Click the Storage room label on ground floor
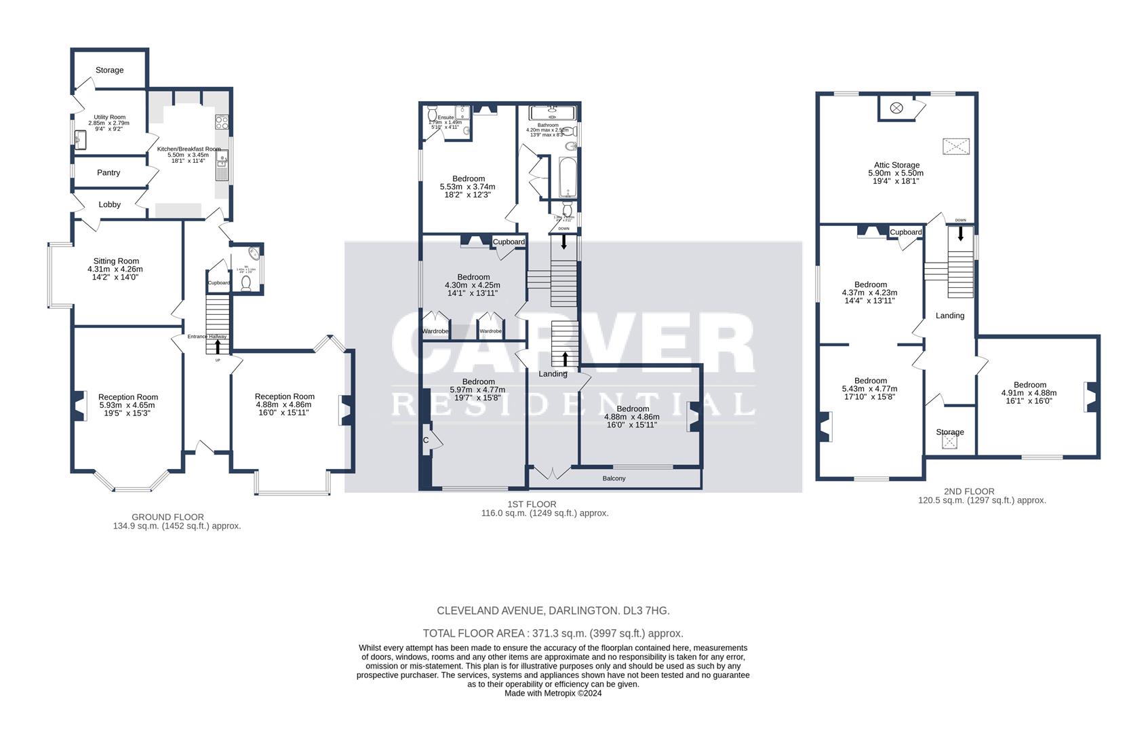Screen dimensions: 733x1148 click(109, 70)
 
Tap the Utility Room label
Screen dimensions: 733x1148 click(109, 117)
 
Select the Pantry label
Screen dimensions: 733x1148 click(108, 173)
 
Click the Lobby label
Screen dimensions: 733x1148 click(109, 204)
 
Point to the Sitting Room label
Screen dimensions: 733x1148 click(116, 261)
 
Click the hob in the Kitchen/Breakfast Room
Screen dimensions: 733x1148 click(222, 123)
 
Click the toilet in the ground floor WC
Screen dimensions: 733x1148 click(246, 283)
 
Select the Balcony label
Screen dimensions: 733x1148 click(614, 478)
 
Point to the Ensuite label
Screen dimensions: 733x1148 click(446, 117)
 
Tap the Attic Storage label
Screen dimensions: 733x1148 click(896, 165)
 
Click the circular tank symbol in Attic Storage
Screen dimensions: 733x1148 click(896, 108)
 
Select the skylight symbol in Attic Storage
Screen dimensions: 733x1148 click(955, 147)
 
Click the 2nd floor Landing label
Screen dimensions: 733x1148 click(949, 316)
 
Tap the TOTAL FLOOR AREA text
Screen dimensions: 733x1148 click(553, 633)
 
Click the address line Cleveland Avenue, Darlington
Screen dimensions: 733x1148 click(553, 611)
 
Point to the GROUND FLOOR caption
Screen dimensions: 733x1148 click(167, 517)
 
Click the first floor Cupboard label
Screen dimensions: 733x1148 click(509, 242)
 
